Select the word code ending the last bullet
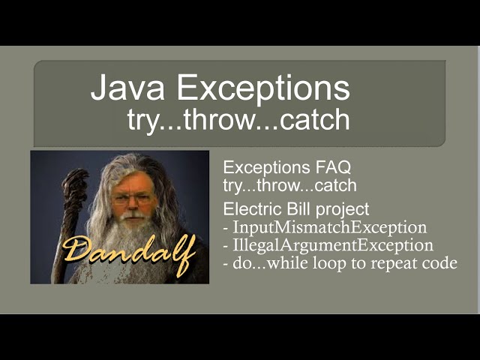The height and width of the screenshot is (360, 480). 440,263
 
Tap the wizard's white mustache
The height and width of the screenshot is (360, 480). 133,217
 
